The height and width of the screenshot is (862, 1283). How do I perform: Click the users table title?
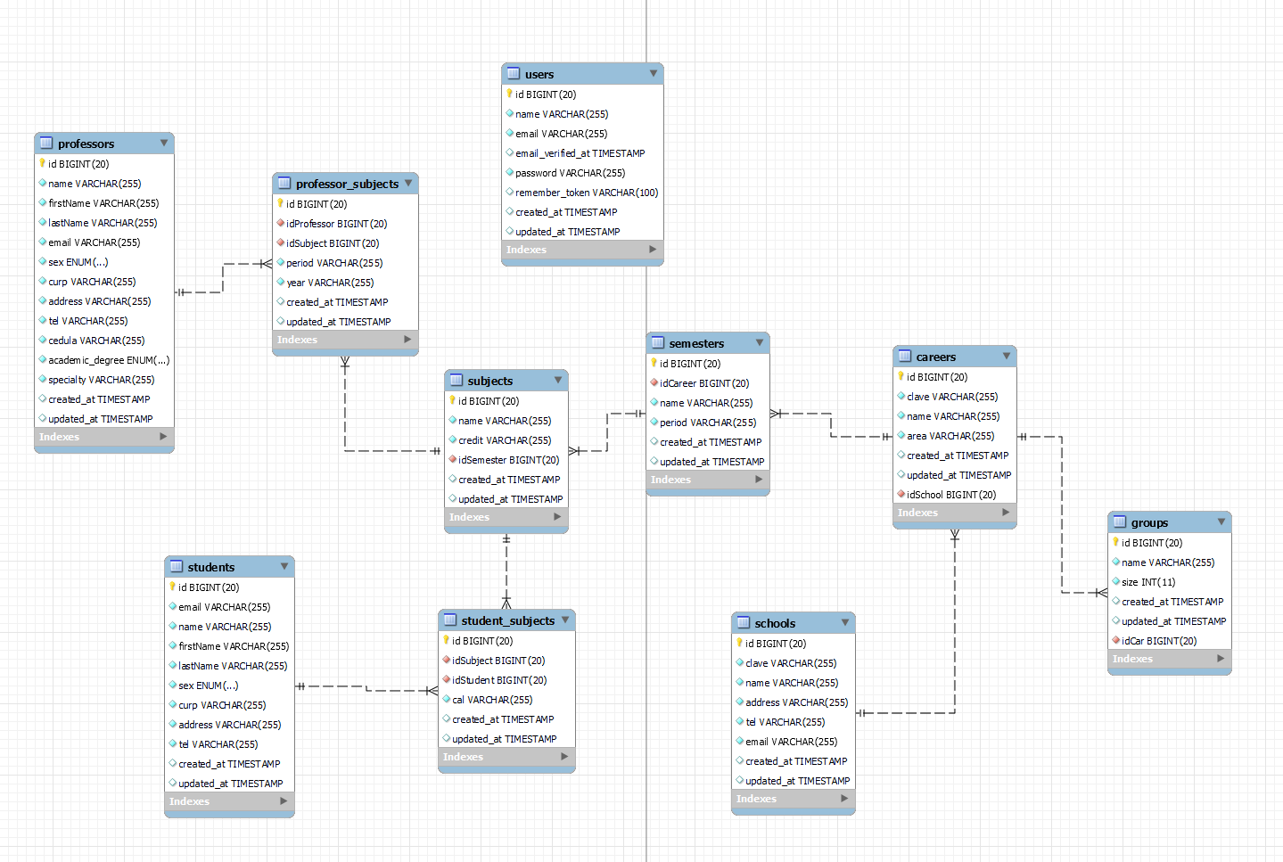[x=539, y=74]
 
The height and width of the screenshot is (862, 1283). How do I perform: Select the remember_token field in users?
[x=586, y=193]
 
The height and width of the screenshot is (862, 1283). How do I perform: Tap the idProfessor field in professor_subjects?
[x=336, y=224]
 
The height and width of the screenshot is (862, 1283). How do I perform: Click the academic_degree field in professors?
[x=108, y=360]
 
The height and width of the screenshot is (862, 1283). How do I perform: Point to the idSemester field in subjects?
[x=508, y=460]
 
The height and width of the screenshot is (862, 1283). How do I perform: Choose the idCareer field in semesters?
[x=703, y=383]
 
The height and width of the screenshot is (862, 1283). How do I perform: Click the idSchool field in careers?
[x=950, y=495]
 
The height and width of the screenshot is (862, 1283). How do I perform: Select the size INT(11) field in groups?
[x=1147, y=582]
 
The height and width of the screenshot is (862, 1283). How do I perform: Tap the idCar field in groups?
[x=1158, y=641]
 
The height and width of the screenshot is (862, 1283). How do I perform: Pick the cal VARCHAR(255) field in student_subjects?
[x=491, y=700]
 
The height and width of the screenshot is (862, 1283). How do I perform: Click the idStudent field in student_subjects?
[x=498, y=680]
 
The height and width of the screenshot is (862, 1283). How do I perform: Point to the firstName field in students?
[x=233, y=646]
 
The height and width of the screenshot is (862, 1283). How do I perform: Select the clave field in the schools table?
[x=790, y=663]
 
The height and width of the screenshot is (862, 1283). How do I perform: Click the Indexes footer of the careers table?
[x=918, y=513]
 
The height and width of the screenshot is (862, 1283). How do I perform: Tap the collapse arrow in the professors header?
[x=164, y=143]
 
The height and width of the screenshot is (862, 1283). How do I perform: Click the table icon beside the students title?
[x=177, y=566]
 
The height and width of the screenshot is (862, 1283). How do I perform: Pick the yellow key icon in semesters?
[x=654, y=363]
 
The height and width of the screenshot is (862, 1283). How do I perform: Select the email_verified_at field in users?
[x=580, y=153]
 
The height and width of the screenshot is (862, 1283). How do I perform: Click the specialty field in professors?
[x=101, y=380]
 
